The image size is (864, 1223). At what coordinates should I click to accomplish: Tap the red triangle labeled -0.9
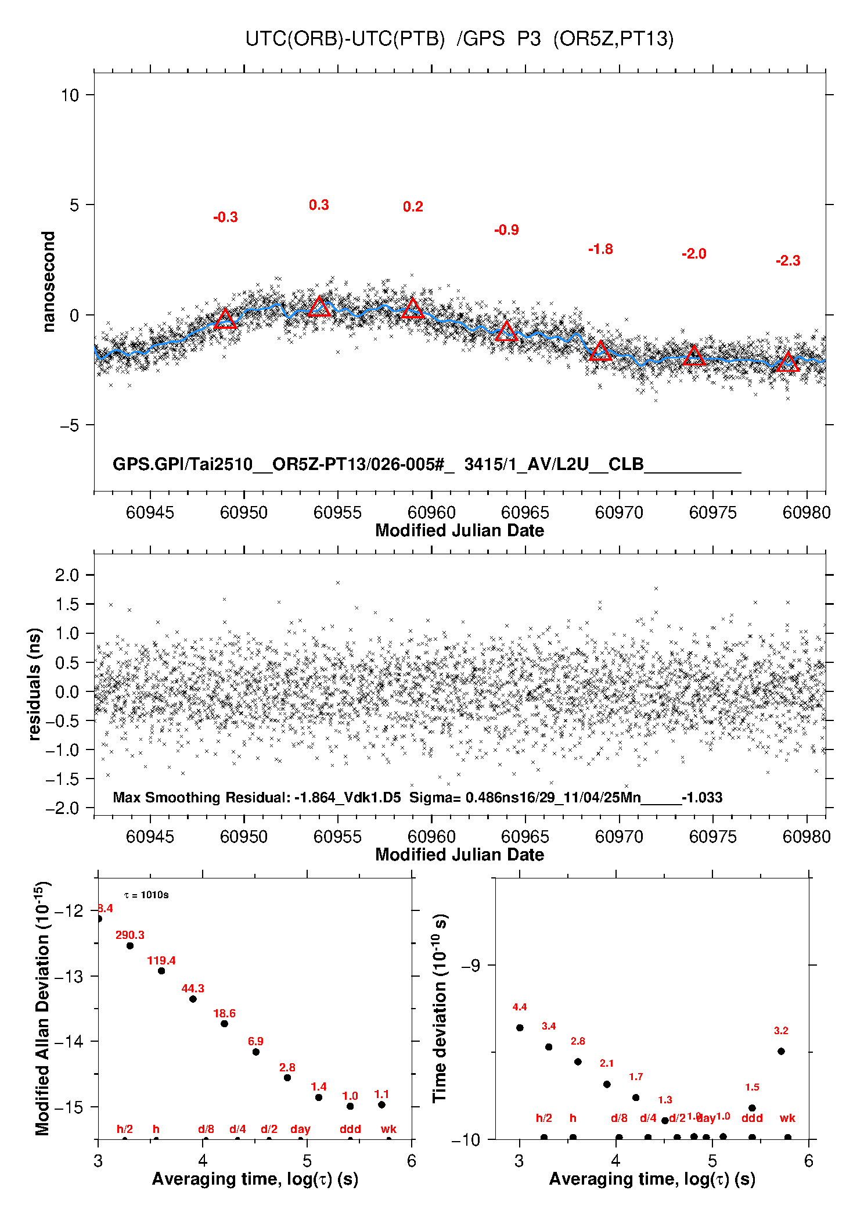tap(506, 332)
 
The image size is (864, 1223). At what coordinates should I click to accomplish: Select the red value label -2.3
tap(788, 261)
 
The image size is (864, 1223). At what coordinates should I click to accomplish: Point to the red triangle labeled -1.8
tap(600, 351)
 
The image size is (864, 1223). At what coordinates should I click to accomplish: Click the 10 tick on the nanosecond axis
tap(70, 95)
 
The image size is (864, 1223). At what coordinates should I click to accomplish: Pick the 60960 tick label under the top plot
tap(431, 512)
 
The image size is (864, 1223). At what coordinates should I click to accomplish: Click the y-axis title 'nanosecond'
tap(48, 282)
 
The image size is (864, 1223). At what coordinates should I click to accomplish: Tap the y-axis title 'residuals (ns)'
tap(35, 684)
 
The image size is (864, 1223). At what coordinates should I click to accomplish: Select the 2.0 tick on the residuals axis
tap(67, 575)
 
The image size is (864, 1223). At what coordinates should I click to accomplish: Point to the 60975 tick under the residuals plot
tap(712, 837)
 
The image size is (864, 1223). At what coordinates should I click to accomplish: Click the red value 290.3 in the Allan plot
tap(130, 935)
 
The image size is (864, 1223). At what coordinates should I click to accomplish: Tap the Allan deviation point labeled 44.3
tap(193, 999)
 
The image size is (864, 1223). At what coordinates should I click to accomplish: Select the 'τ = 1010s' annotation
tap(146, 895)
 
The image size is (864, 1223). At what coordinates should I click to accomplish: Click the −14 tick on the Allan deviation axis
tap(68, 1041)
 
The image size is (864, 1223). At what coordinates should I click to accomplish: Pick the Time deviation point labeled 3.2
tap(781, 1051)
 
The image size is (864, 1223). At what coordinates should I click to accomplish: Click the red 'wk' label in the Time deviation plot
tap(787, 1118)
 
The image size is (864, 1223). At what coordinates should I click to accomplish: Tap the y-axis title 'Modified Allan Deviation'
tap(42, 1008)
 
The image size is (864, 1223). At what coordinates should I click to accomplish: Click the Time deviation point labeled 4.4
tap(520, 1027)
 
